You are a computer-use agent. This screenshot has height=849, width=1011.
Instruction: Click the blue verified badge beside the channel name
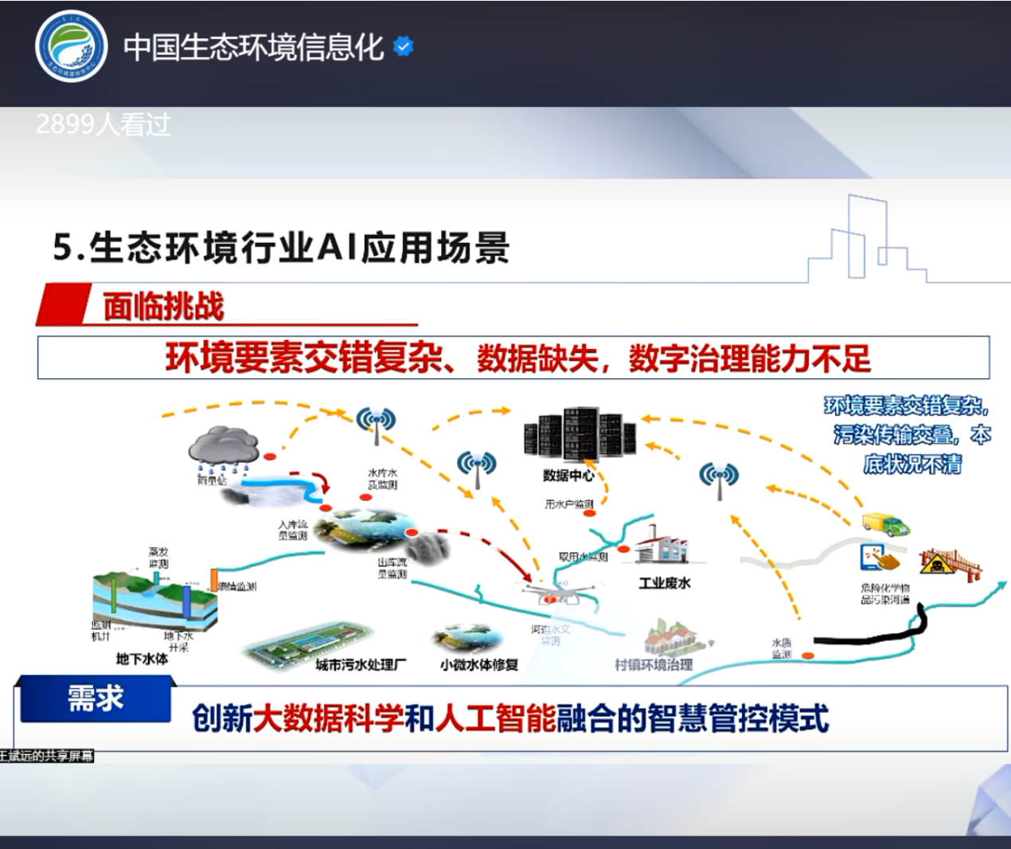pyautogui.click(x=404, y=47)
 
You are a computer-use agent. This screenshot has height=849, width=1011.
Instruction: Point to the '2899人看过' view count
pyautogui.click(x=103, y=125)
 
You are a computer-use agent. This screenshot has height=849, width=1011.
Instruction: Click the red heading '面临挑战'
pyautogui.click(x=163, y=307)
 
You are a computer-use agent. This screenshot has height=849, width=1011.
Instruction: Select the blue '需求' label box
pyautogui.click(x=96, y=698)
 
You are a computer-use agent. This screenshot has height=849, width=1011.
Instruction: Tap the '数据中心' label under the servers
pyautogui.click(x=568, y=475)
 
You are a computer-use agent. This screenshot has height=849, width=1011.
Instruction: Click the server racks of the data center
pyautogui.click(x=580, y=434)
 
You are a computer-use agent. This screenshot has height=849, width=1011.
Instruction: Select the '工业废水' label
pyautogui.click(x=665, y=584)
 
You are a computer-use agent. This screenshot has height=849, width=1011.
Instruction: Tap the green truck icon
pyautogui.click(x=886, y=524)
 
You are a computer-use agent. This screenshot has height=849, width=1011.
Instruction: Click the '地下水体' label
pyautogui.click(x=142, y=659)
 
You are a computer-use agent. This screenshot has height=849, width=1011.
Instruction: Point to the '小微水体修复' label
pyautogui.click(x=479, y=665)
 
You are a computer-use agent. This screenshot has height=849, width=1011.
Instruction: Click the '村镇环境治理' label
pyautogui.click(x=654, y=665)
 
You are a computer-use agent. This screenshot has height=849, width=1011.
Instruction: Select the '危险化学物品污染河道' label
pyautogui.click(x=885, y=593)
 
